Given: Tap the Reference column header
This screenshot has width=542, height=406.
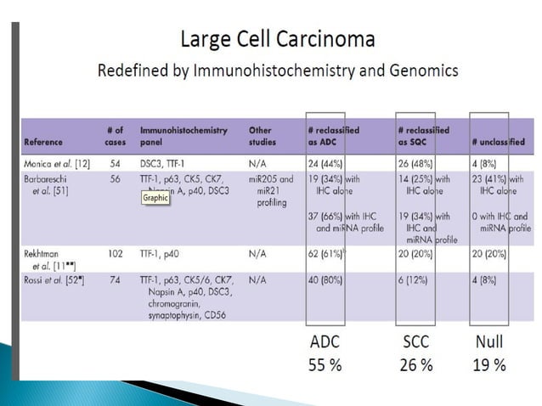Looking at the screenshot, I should pos(43,142).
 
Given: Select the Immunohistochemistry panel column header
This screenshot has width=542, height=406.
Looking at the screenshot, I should pos(183,136).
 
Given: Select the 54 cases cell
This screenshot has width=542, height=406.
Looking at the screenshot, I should pos(115,161).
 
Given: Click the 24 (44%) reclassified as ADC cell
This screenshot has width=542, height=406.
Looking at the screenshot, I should pos(330,161).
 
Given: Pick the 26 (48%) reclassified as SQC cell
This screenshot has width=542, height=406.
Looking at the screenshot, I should pos(419,161).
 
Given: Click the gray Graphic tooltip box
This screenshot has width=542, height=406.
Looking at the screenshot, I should pos(155,197).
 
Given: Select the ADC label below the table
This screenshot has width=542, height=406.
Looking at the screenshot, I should pos(326,343).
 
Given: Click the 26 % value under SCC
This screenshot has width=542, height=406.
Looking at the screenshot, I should pos(416,366).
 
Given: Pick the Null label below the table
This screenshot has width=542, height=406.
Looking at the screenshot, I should pos(489,343).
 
